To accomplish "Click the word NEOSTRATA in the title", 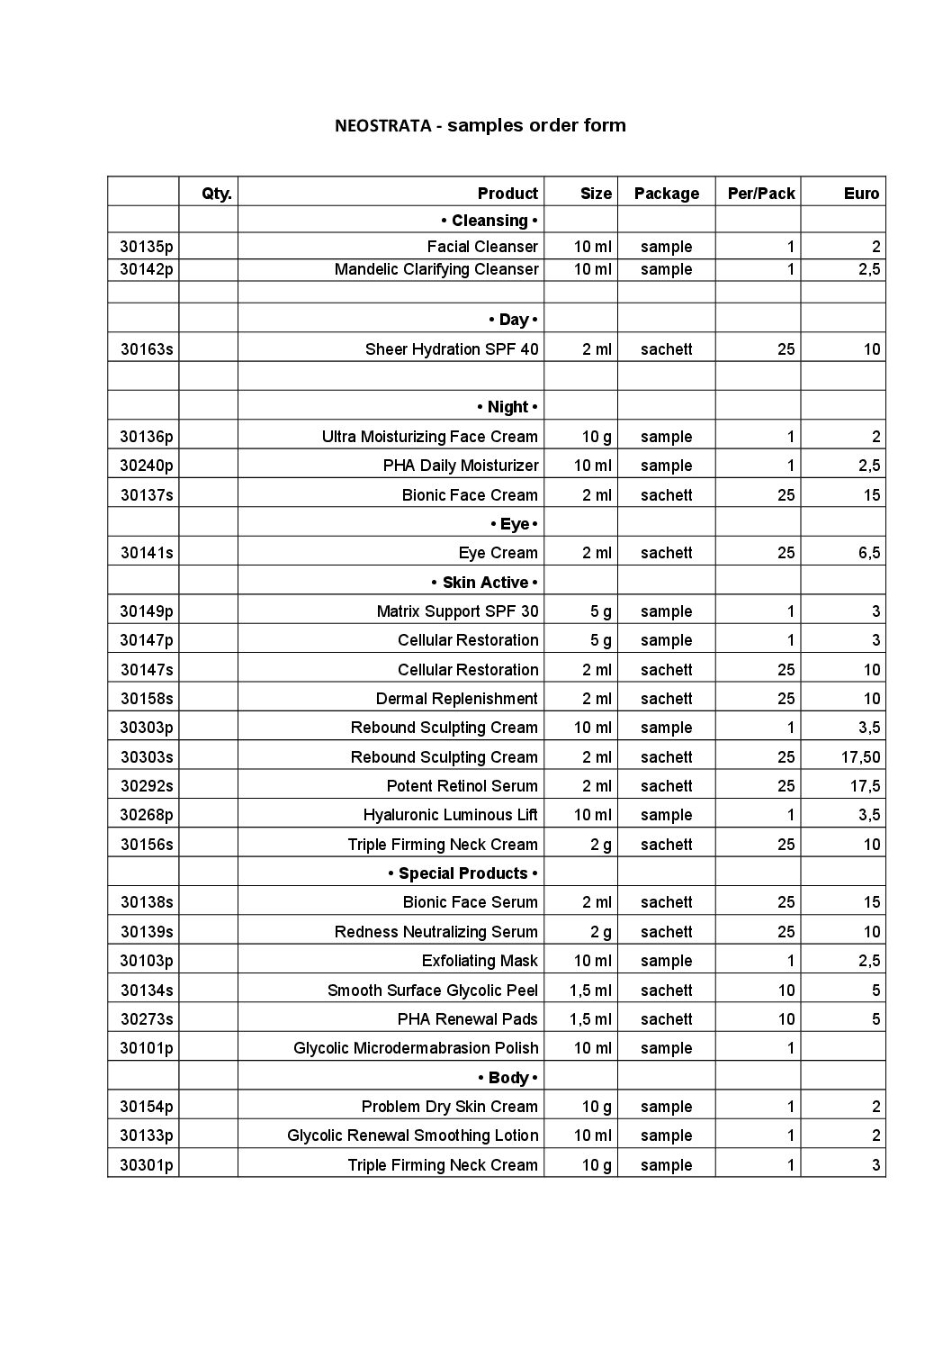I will point(382,126).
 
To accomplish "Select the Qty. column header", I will point(217,194).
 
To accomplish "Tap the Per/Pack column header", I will point(761,194).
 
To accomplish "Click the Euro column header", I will point(861,194).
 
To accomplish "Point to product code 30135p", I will point(147,247).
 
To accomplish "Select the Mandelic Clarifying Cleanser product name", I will point(436,269).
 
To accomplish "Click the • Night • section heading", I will point(507,407).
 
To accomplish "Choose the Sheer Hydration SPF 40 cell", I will point(452,349).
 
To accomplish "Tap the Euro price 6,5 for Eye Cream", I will point(868,553).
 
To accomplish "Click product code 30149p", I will point(147,611).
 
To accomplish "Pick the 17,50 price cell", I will point(860,757).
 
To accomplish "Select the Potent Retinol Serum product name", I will point(463,786).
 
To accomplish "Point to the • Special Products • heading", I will point(463,873).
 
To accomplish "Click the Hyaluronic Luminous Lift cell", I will point(451,815).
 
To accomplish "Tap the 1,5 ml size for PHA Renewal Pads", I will point(590,1019).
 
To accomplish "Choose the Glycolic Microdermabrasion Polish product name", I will point(416,1048).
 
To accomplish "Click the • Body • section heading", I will point(507,1078).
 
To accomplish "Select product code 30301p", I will point(147,1165).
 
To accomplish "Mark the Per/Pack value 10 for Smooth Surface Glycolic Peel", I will point(786,991).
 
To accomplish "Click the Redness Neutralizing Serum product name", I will point(436,932).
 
